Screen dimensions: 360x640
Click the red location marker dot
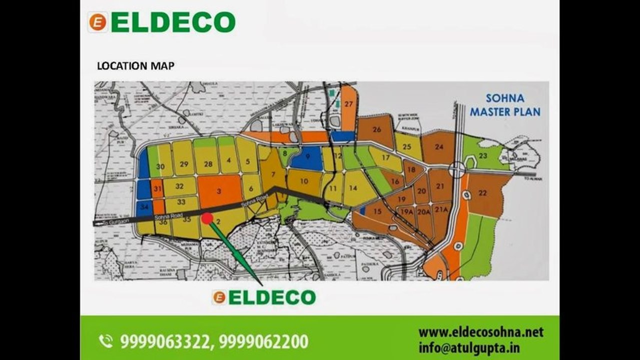pos(207,218)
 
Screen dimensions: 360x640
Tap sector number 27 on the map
pos(349,104)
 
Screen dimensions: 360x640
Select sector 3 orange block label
pos(219,191)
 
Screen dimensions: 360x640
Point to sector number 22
pos(482,193)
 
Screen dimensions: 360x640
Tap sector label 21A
pos(441,210)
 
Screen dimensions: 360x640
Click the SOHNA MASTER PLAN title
pos(505,105)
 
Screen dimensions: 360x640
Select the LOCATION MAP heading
pos(136,65)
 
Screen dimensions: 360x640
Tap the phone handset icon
pos(106,341)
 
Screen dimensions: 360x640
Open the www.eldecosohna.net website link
pos(480,332)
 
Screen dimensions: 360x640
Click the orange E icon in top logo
pos(97,22)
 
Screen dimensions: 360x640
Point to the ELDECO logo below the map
pos(264,297)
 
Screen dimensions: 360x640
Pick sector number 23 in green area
pos(482,156)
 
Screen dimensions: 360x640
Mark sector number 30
pos(161,166)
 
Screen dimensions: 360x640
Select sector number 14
pos(354,188)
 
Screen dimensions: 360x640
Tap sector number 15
pos(377,211)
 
